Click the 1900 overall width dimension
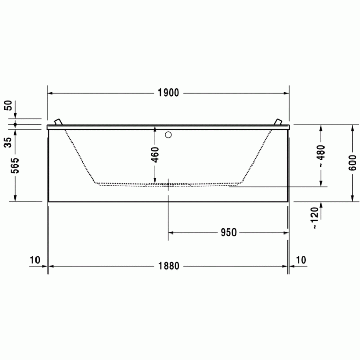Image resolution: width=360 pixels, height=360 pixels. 168,93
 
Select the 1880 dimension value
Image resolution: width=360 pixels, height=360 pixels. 168,266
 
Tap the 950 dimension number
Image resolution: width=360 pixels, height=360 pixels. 228,232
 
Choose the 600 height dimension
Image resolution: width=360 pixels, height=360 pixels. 352,162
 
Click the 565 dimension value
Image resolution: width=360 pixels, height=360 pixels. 15,166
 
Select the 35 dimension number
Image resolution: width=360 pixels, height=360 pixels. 8,142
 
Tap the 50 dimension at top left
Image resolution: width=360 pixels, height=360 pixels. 8,106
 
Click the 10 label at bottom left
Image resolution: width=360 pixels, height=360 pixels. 34,260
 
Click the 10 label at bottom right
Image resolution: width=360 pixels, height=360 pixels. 301,260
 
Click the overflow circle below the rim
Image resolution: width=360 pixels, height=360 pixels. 168,136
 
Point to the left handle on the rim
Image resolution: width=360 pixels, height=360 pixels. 59,122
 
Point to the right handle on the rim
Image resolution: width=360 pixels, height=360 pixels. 278,122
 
